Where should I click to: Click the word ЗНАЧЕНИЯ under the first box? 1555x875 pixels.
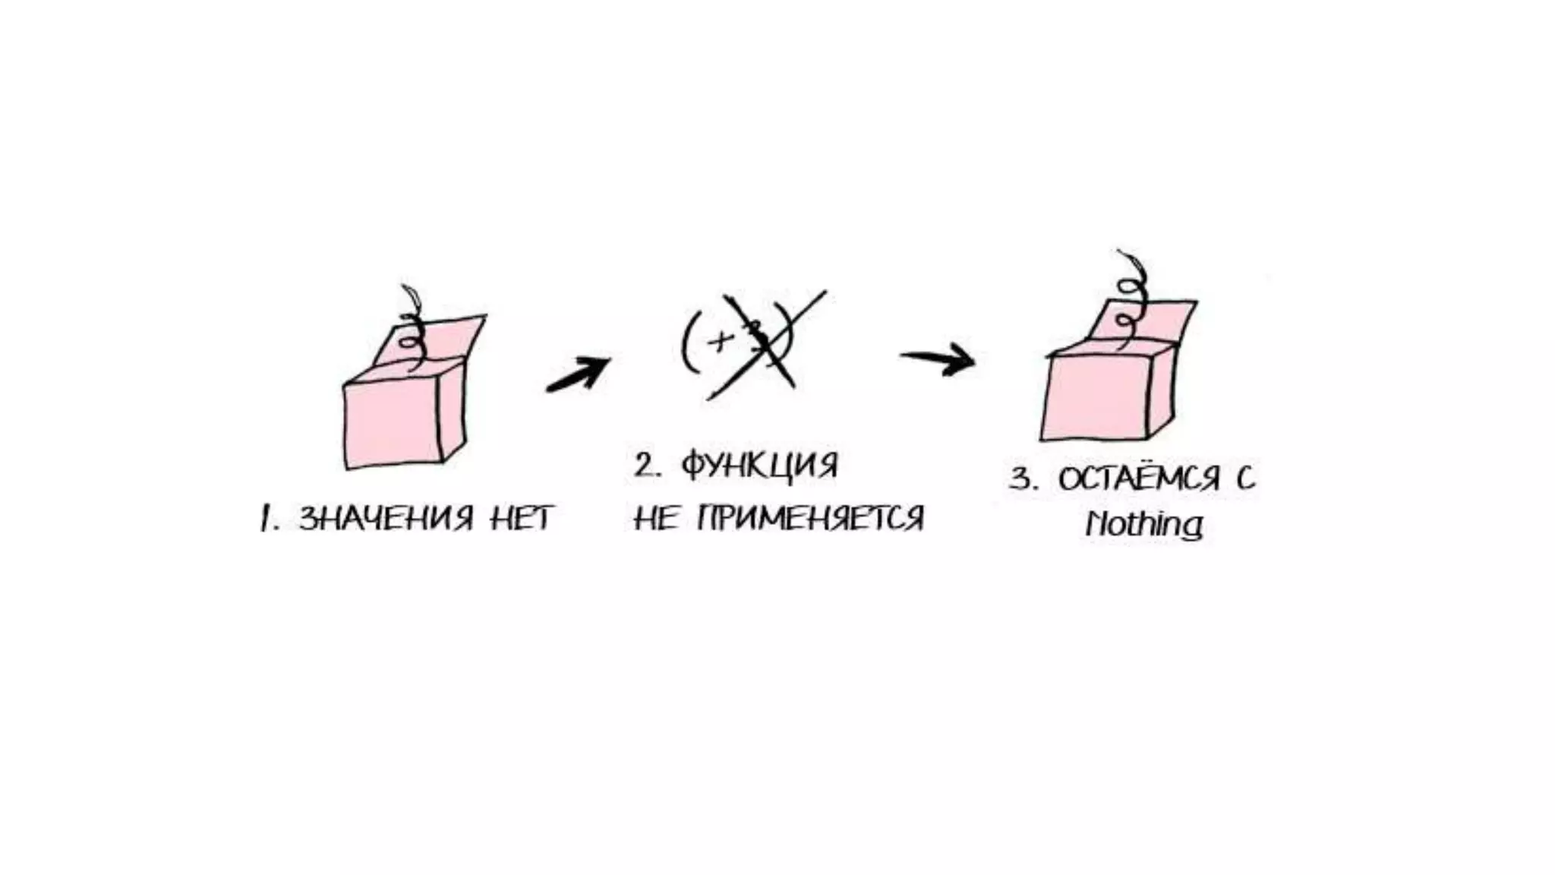tap(386, 519)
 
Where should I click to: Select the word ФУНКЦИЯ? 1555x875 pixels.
tap(759, 464)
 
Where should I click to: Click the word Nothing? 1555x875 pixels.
tap(1143, 524)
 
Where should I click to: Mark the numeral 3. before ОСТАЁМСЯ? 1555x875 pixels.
tap(1024, 479)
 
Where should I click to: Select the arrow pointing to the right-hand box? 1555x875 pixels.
tap(938, 359)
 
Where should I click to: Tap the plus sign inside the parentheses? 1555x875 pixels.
tap(717, 342)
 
